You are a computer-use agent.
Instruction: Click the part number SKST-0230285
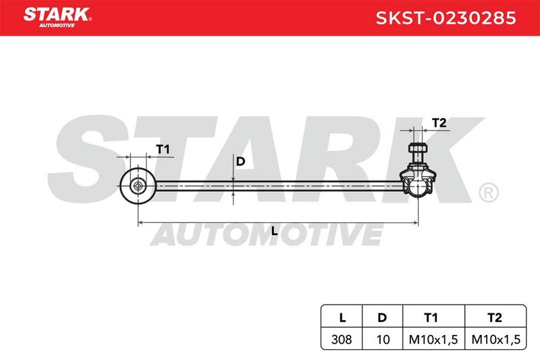[x=446, y=18]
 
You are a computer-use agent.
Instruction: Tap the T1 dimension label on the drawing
[x=163, y=149]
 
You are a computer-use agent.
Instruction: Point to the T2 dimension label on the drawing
[x=439, y=123]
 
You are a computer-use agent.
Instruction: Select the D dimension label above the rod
[x=240, y=161]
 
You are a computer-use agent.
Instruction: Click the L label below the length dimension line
[x=274, y=231]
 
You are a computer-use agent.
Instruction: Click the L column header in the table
[x=342, y=317]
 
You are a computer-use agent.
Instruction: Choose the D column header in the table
[x=382, y=317]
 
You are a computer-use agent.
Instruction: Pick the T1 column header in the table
[x=431, y=317]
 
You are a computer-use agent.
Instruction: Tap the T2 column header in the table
[x=495, y=317]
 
